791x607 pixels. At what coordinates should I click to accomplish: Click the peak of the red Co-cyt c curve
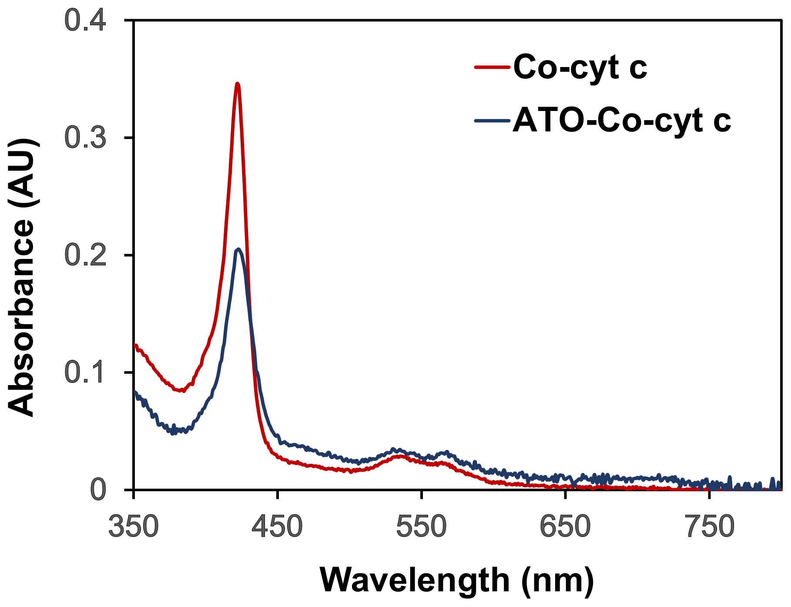coord(237,84)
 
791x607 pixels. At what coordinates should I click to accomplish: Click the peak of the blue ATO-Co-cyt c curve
coord(238,249)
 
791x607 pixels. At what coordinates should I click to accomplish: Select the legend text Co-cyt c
coord(580,68)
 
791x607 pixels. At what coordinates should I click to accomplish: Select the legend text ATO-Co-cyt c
coord(622,121)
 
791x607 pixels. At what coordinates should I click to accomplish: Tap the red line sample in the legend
coord(492,67)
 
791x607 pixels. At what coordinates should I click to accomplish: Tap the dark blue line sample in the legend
coord(492,120)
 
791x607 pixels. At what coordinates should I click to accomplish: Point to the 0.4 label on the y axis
coord(85,20)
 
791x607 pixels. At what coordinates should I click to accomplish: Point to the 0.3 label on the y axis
coord(85,138)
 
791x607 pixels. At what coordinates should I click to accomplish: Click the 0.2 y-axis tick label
coord(85,255)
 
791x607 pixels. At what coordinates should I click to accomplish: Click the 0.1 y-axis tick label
coord(85,372)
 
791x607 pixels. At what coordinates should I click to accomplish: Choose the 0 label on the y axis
coord(98,490)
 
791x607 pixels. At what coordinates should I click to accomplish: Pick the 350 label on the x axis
coord(134,527)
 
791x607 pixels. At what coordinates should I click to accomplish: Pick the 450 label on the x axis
coord(277,527)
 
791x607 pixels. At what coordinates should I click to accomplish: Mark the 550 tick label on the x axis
coord(421,527)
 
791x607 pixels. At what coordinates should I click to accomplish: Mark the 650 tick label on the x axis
coord(565,527)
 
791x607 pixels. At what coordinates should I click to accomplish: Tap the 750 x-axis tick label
coord(709,527)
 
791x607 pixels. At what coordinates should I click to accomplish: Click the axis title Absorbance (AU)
coord(22,277)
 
